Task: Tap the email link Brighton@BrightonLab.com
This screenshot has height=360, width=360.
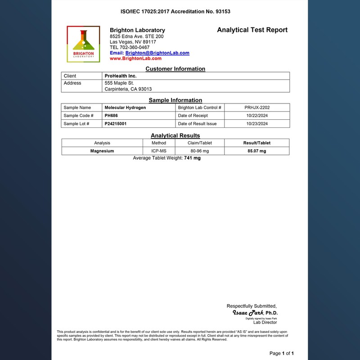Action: click(x=157, y=53)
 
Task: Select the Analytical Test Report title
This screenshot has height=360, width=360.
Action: click(x=252, y=30)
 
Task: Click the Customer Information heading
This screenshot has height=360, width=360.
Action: click(x=175, y=69)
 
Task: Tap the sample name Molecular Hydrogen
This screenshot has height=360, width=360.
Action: click(x=125, y=108)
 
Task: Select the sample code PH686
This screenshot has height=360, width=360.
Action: click(x=111, y=116)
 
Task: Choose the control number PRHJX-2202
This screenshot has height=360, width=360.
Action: click(x=257, y=108)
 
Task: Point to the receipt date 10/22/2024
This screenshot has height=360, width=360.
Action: click(x=257, y=116)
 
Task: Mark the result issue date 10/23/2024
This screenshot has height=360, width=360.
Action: click(x=257, y=124)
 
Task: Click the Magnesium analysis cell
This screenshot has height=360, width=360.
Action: click(x=102, y=151)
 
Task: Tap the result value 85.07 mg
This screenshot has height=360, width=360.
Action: click(x=256, y=151)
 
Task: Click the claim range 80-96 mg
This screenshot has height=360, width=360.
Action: click(x=199, y=151)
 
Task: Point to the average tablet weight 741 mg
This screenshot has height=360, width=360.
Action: click(x=192, y=158)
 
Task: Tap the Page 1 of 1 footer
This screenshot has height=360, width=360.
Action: click(x=281, y=353)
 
